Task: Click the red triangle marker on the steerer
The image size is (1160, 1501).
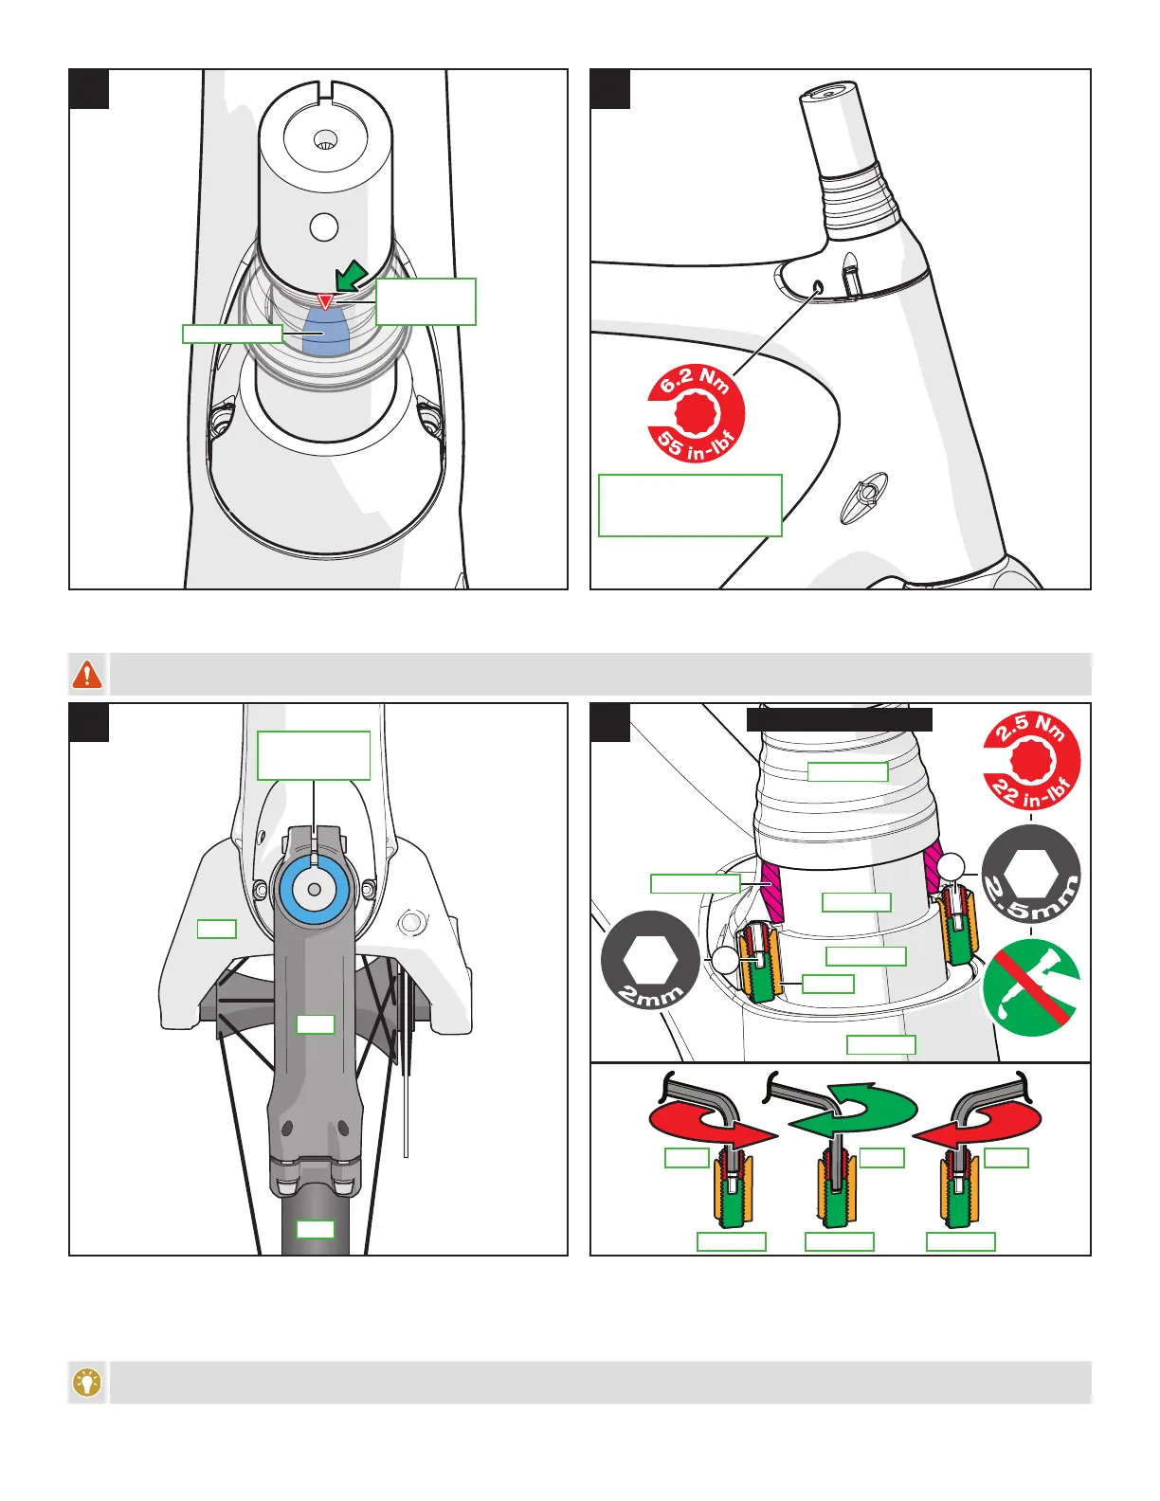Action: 325,301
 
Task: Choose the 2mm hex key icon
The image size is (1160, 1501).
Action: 650,960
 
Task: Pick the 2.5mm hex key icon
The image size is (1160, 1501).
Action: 1030,874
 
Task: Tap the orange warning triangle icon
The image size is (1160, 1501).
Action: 87,674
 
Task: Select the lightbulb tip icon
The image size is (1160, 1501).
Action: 87,1383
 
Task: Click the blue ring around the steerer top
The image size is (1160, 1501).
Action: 313,890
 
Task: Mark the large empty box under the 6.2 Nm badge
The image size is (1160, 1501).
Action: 690,505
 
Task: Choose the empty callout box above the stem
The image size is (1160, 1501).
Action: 314,755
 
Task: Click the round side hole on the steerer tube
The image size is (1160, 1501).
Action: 324,227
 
